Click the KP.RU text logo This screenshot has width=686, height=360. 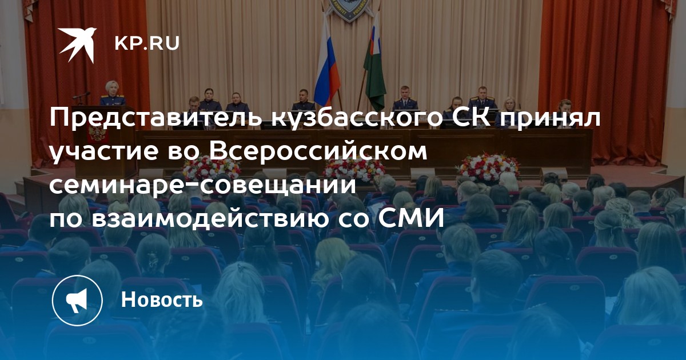(147, 43)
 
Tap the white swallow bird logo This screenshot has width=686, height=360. (77, 45)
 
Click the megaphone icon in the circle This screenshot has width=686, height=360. (77, 301)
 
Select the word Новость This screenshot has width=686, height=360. (162, 299)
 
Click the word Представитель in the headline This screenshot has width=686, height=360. (156, 118)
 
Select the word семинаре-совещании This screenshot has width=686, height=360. (203, 185)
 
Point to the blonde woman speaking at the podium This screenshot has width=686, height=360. (112, 93)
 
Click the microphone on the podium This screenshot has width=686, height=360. (81, 95)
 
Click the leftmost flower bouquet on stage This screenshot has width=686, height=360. (211, 169)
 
